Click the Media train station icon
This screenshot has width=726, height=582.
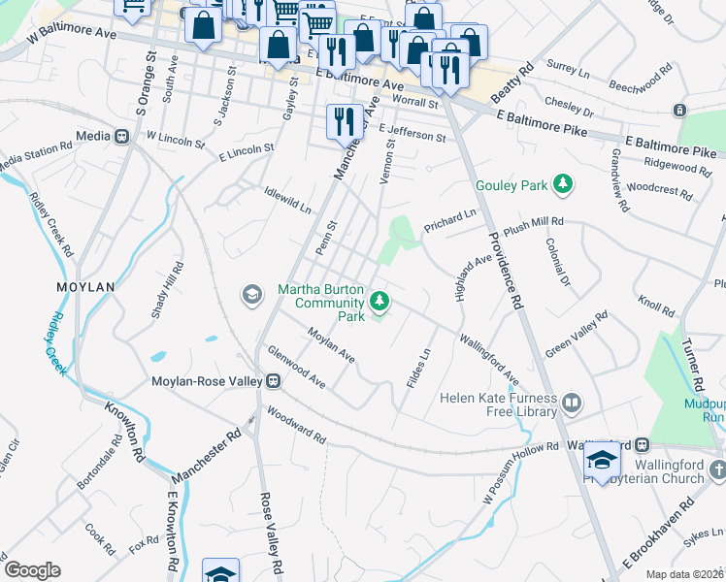(122, 137)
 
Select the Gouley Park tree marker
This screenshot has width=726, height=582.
(560, 184)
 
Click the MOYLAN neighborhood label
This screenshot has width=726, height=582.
(85, 287)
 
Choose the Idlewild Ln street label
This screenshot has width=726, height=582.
(288, 200)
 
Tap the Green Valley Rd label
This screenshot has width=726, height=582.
(576, 335)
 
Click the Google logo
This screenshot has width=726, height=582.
(31, 570)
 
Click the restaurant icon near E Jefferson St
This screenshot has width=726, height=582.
(345, 120)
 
